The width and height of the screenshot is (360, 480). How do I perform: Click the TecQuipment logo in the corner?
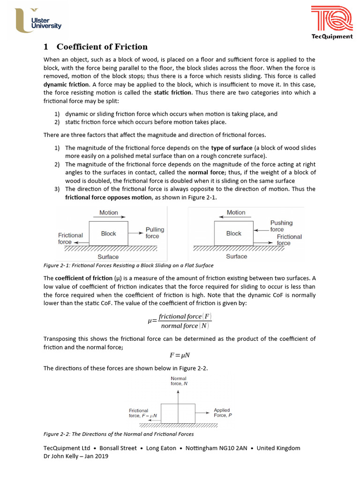[x=332, y=22]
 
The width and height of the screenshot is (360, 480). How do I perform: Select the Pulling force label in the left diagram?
[x=154, y=233]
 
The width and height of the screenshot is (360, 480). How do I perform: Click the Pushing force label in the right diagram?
[x=281, y=226]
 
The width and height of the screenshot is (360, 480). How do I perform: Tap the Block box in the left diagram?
[x=108, y=233]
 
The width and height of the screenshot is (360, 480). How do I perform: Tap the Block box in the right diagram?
[x=233, y=233]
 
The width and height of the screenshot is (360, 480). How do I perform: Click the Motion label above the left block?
[x=109, y=212]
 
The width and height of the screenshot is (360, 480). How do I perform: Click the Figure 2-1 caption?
[x=128, y=266]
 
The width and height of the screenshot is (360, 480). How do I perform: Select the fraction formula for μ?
[x=180, y=321]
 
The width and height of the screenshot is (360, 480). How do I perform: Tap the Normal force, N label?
[x=179, y=381]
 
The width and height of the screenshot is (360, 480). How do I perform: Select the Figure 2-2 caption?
[x=119, y=434]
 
